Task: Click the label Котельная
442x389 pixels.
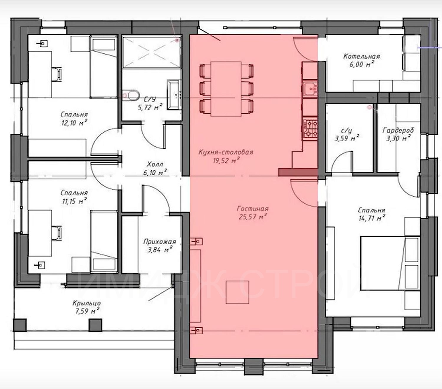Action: [x=362, y=56]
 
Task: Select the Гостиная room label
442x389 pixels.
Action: [x=253, y=209]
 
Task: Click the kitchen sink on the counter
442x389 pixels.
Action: [x=310, y=88]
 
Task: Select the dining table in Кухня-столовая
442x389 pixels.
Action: [x=226, y=89]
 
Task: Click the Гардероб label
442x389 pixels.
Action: [x=398, y=130]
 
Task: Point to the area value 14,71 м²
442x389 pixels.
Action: [x=372, y=218]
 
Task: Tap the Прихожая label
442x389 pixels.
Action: [x=160, y=242]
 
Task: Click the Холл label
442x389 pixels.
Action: [x=155, y=164]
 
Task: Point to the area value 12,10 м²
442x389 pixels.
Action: [x=74, y=123]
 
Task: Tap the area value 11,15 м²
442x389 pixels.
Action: [x=74, y=201]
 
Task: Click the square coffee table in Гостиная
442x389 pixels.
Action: [x=238, y=292]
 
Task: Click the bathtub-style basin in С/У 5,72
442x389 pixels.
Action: [x=174, y=95]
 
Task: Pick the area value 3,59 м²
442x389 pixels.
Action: [x=347, y=138]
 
